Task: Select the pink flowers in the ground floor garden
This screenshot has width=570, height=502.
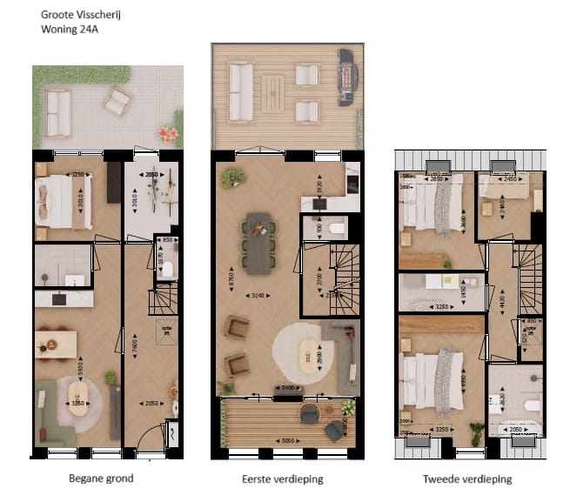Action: coord(167,133)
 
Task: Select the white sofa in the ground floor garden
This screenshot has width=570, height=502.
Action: coord(58,114)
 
